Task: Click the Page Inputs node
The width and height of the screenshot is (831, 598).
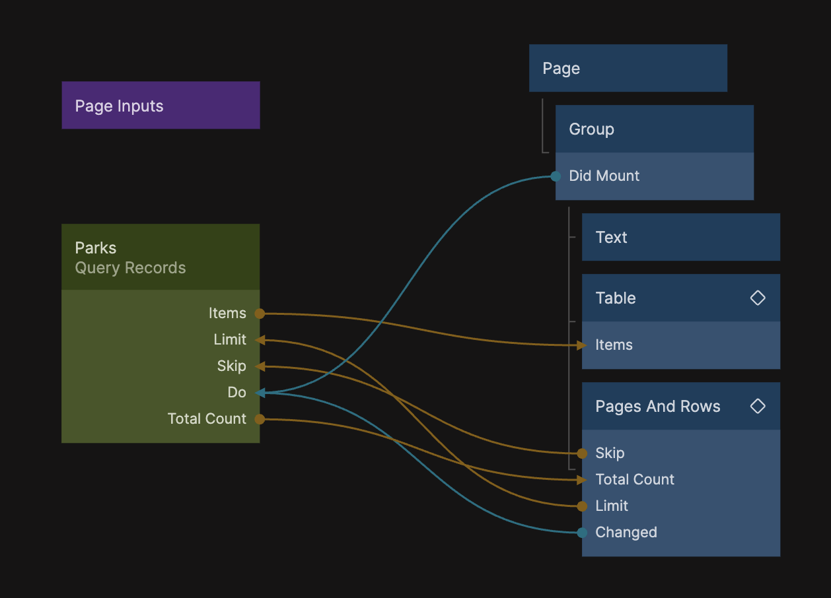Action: click(161, 106)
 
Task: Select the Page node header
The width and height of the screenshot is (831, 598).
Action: click(628, 69)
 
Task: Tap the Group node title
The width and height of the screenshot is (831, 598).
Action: click(592, 129)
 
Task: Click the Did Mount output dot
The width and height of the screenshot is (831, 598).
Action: click(556, 176)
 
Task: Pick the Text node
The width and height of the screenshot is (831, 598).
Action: click(680, 238)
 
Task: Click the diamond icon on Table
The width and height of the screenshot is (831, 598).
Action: click(758, 298)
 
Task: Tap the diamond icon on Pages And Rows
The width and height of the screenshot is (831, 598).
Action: click(758, 406)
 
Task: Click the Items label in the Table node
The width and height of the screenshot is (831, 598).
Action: click(614, 345)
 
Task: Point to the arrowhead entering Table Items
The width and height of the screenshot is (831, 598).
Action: click(581, 345)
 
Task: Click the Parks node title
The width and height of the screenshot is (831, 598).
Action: click(96, 248)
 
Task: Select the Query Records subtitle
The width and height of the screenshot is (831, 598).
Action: click(130, 268)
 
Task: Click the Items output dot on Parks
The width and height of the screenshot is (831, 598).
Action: click(260, 314)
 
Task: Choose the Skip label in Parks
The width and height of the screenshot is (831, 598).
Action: click(231, 366)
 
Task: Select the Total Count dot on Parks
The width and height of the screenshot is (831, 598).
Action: click(260, 419)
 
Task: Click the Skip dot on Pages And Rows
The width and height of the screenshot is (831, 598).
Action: click(582, 453)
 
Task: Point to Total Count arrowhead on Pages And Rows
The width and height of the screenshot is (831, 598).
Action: click(581, 480)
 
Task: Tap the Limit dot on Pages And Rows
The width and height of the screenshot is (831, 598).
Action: click(582, 506)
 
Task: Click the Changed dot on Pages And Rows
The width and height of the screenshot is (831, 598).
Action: click(582, 533)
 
